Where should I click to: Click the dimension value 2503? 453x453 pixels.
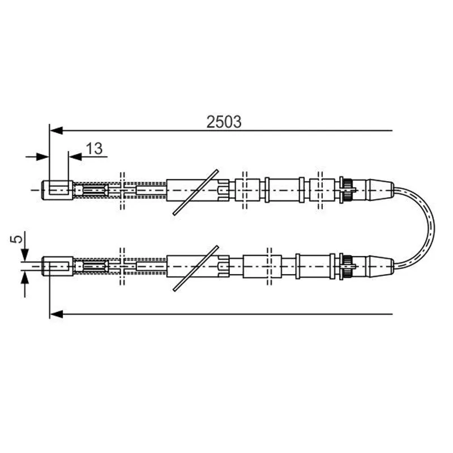[x=224, y=122]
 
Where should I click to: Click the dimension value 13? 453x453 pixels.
[x=94, y=148]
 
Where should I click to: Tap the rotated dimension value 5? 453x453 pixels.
[x=17, y=239]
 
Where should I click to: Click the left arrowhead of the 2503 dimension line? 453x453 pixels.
[x=56, y=131]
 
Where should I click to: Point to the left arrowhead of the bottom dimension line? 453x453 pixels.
[x=56, y=314]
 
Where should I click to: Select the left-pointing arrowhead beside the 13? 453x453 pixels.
[x=75, y=157]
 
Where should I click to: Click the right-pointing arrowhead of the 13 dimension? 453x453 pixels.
[x=42, y=157]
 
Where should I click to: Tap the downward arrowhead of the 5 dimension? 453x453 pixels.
[x=25, y=255]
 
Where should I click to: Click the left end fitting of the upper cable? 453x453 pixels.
[x=57, y=190]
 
